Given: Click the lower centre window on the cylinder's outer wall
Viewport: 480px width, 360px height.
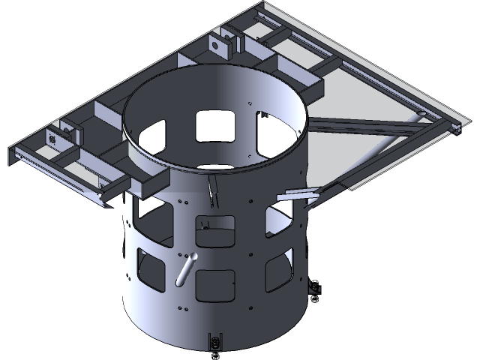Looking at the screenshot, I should [214, 284].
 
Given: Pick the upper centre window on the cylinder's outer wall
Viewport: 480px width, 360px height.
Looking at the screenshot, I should [214, 229].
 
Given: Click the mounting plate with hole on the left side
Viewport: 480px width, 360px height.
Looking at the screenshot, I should [55, 138].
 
